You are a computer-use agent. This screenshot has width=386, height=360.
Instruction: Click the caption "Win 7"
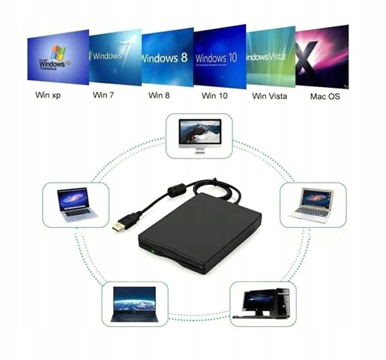(104, 96)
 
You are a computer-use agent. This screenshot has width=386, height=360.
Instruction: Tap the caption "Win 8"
(159, 96)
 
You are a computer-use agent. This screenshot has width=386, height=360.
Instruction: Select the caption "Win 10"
(214, 96)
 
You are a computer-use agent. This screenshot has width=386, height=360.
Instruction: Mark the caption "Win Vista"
(269, 97)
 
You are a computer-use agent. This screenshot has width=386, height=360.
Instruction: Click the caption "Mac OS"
(325, 97)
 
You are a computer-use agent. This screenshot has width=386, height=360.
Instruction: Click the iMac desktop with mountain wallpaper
(200, 134)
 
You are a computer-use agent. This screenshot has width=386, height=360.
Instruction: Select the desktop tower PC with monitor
(263, 303)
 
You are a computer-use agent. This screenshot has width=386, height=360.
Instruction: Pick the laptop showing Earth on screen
(134, 303)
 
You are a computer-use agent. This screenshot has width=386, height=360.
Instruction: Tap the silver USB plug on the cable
(119, 226)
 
